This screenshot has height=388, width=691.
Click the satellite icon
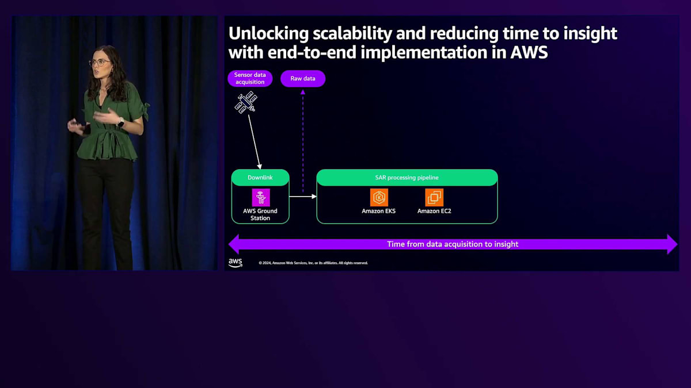[246, 102]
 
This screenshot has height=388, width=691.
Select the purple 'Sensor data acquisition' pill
[250, 79]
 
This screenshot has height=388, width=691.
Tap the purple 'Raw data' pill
[303, 79]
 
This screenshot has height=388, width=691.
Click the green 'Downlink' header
[260, 178]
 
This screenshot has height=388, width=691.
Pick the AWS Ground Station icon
[261, 197]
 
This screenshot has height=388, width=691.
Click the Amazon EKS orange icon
[379, 197]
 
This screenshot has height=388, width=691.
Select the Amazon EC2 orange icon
[434, 197]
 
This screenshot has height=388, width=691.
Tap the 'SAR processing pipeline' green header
[407, 178]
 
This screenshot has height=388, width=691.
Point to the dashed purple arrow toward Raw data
[303, 141]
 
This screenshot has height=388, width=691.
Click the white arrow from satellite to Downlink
[255, 142]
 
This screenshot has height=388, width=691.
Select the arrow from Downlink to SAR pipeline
[303, 197]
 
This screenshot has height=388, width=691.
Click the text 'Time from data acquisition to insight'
[453, 244]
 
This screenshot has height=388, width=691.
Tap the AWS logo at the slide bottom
[236, 263]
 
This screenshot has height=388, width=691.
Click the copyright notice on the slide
[313, 263]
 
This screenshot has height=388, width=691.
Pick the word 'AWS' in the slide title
[529, 52]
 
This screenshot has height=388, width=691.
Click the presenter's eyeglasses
[100, 63]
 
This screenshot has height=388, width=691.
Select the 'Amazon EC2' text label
[434, 212]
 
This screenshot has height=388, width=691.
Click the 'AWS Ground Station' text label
[260, 214]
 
